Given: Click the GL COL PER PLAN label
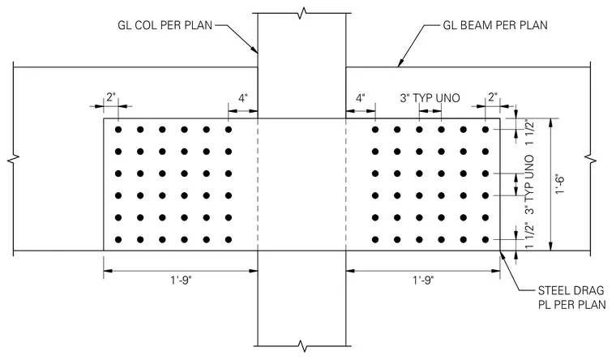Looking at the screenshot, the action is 165,26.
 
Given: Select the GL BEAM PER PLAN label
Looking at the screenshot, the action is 495,26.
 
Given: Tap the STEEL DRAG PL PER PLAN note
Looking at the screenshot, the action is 571,298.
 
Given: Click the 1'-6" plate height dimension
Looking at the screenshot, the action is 561,184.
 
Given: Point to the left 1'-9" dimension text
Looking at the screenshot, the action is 181,281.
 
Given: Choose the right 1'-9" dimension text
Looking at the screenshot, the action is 423,281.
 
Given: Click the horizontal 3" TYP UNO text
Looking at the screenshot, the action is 430,98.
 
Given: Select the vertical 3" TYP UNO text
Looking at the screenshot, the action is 529,184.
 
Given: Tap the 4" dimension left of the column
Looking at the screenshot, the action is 243,98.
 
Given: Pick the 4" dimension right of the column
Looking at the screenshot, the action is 360,98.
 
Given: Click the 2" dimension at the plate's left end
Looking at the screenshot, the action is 111,97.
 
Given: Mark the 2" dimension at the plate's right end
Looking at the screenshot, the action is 493,97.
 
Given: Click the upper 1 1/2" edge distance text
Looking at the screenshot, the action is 529,134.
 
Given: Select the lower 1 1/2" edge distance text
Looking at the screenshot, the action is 529,235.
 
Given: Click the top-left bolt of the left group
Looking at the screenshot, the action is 118,129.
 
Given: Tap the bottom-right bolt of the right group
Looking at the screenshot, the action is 486,239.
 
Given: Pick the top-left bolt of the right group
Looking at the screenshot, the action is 375,129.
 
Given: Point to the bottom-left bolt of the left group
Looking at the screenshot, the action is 118,239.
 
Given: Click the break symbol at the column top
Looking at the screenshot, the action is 302,13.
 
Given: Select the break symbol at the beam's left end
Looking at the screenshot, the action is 13,159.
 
